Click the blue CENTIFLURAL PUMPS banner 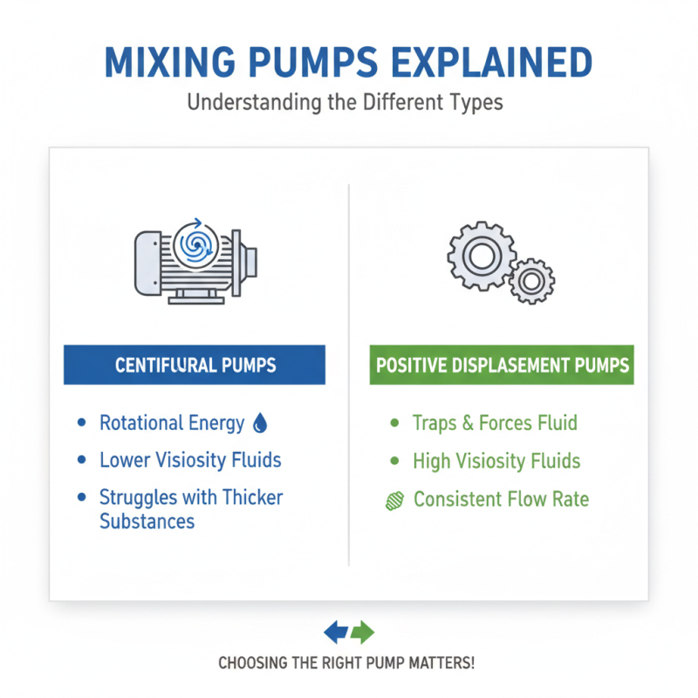coord(194,366)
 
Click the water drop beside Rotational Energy coord(259,424)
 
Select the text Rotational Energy coord(172,424)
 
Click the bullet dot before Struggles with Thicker coord(82,497)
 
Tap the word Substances coord(147,522)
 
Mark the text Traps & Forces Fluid coord(495,424)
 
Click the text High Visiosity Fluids coord(496,461)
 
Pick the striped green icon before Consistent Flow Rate coord(393,500)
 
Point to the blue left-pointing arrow coord(337,632)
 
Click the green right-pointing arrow coord(362,632)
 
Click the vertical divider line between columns coord(349,375)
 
